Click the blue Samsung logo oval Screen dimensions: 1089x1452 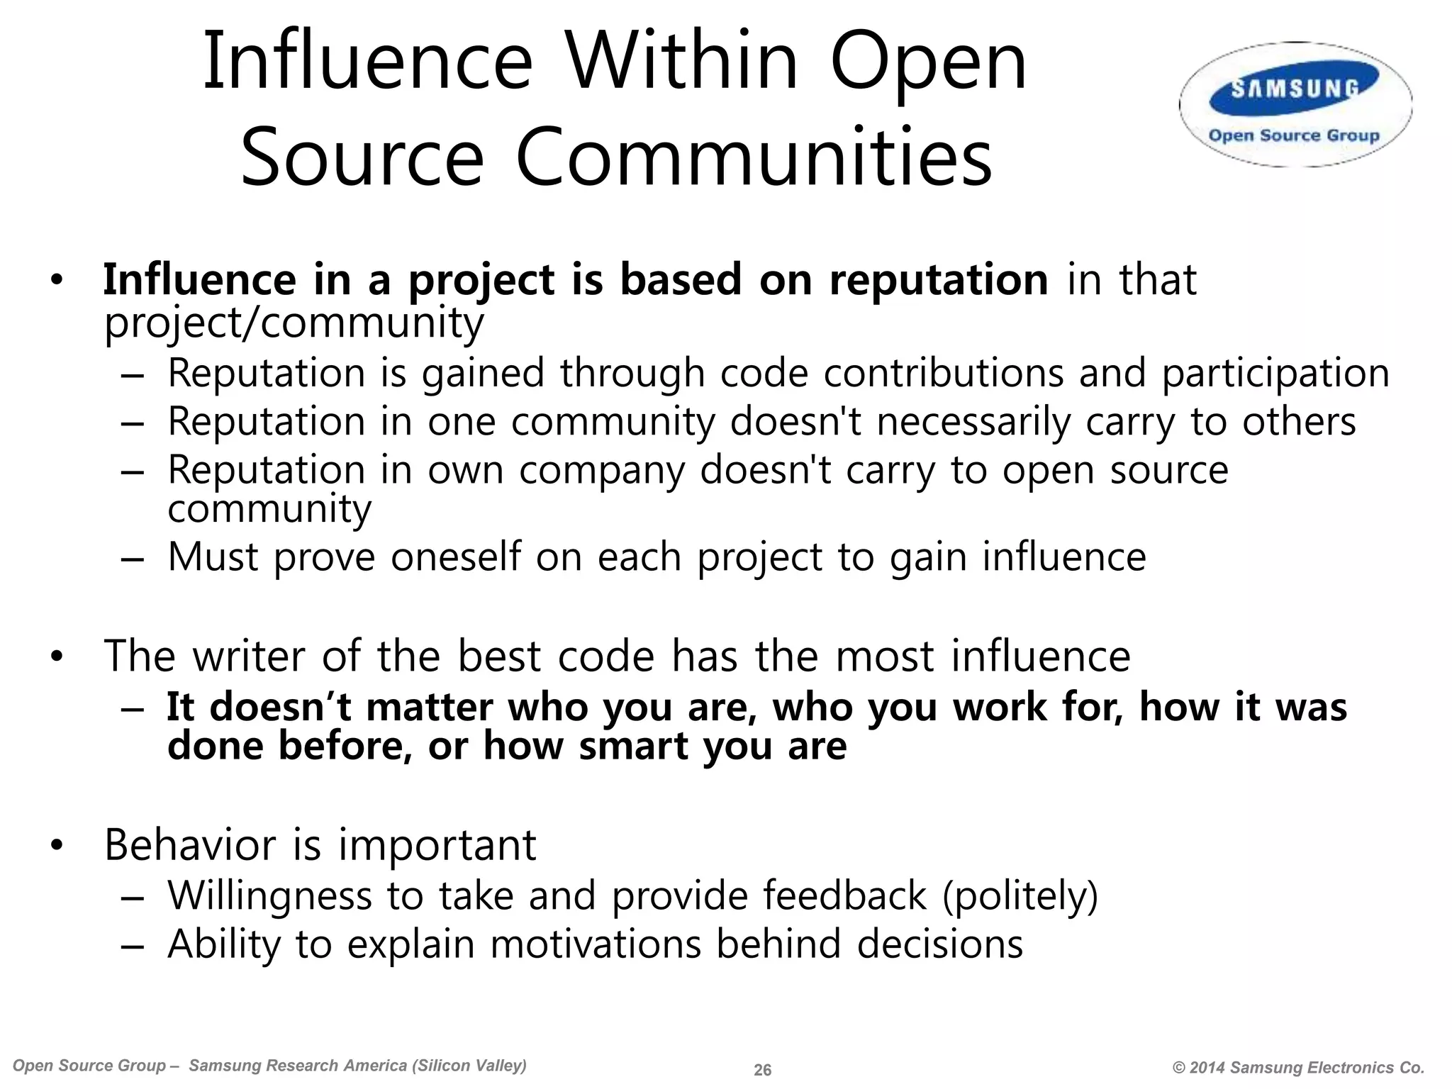(1295, 89)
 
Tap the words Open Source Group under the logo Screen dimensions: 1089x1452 (1294, 135)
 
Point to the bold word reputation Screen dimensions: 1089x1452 (939, 279)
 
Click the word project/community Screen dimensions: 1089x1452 (294, 323)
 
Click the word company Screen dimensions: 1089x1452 (602, 471)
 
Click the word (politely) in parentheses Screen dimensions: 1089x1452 (1020, 895)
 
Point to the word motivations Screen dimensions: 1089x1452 (595, 944)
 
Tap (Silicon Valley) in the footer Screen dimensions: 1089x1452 (471, 1066)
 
